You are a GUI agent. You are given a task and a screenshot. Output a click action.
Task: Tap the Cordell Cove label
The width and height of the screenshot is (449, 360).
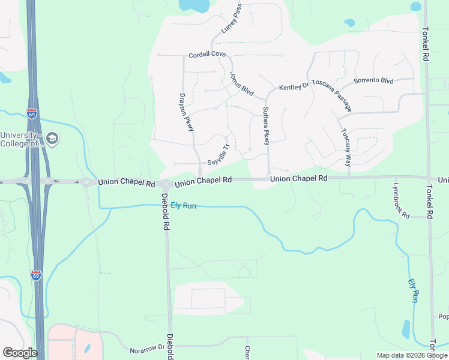click(207, 55)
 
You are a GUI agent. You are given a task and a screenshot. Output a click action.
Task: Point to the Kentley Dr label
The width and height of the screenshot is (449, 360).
click(294, 88)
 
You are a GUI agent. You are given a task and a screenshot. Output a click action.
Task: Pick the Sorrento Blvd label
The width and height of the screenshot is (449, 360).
click(373, 80)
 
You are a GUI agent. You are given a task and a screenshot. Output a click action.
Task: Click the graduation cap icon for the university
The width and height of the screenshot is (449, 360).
click(52, 139)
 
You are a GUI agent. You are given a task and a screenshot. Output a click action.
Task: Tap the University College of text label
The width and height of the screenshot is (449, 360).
click(22, 139)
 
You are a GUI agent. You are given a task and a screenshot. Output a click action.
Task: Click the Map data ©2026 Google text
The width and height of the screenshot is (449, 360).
click(411, 355)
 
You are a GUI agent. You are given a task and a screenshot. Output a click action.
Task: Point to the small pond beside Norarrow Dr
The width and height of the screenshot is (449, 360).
click(88, 348)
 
